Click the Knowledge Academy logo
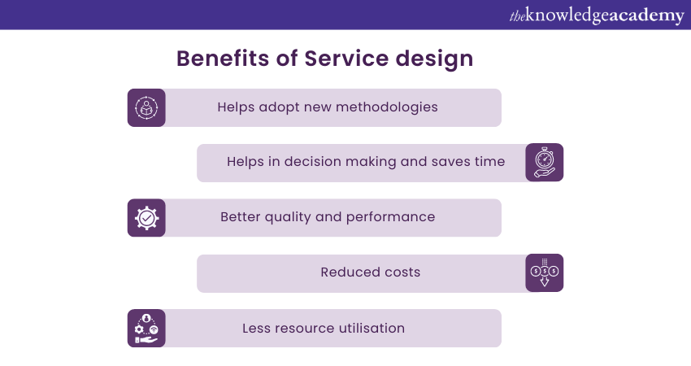click(x=597, y=15)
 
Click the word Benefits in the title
click(x=223, y=59)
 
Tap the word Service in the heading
click(x=346, y=59)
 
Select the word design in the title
click(x=434, y=59)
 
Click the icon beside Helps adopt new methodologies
click(x=146, y=107)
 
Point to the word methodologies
click(x=386, y=107)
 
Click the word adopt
click(x=279, y=107)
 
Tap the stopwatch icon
click(x=544, y=163)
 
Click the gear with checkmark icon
click(x=146, y=218)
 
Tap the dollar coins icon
click(x=544, y=272)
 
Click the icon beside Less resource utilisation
click(x=146, y=328)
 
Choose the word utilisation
click(x=372, y=328)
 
